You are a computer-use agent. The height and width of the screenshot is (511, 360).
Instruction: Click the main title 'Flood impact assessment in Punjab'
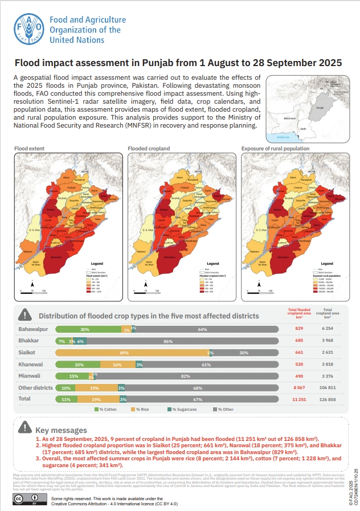point(178,63)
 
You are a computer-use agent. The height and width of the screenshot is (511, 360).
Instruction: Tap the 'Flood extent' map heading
point(28,149)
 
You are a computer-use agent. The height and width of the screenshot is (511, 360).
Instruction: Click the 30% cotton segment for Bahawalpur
point(85,330)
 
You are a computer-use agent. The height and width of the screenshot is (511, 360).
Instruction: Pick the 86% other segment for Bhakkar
point(183,341)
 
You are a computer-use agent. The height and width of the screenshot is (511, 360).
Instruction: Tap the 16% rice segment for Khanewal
point(117,365)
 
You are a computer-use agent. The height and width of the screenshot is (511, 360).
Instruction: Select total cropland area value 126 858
point(328,399)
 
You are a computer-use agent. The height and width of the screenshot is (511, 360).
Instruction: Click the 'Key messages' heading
point(61,430)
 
